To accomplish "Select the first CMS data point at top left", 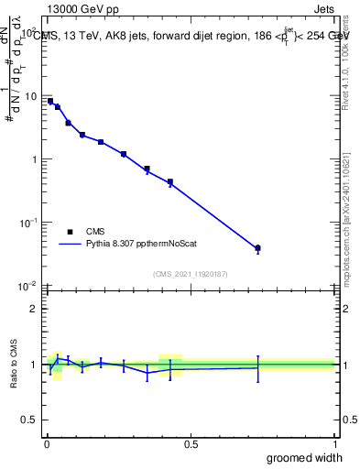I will click(x=50, y=101).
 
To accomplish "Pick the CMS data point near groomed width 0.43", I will click(x=170, y=182).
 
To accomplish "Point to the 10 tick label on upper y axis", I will click(x=31, y=96).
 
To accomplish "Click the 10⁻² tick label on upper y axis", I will click(x=29, y=286).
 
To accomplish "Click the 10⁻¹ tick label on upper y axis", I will click(x=29, y=223).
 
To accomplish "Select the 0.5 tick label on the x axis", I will click(x=191, y=444).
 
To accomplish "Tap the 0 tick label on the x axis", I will click(x=47, y=444).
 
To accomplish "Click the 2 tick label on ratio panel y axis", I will click(x=34, y=309).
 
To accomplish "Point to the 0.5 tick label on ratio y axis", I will click(x=30, y=421).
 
